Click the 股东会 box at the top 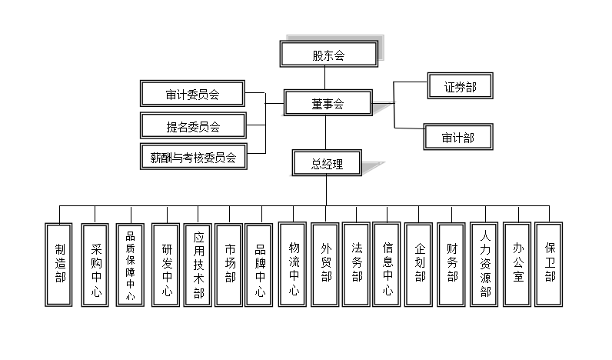tap(328, 55)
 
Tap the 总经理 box tap(327, 163)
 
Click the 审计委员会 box tap(192, 95)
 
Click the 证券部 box tap(459, 88)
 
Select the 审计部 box tap(457, 138)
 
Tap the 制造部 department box tap(59, 264)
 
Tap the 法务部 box tap(357, 264)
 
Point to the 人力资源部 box tap(484, 264)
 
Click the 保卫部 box tap(550, 264)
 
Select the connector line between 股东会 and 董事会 tap(325, 78)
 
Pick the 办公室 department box tap(517, 264)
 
